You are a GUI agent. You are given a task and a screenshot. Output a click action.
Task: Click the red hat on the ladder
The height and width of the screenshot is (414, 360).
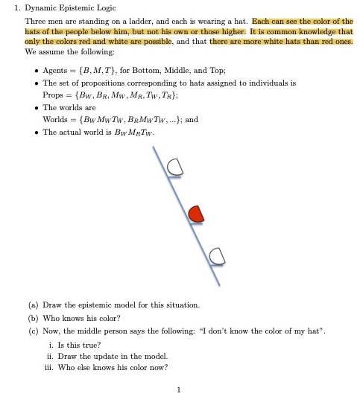pyautogui.click(x=195, y=214)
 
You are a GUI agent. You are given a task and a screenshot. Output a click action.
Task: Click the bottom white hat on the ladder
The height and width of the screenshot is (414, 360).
pyautogui.click(x=217, y=257)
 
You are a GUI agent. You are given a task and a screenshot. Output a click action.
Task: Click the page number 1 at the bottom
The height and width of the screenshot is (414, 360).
pyautogui.click(x=180, y=389)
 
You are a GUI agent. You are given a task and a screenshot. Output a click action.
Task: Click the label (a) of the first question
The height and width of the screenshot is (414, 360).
pyautogui.click(x=34, y=305)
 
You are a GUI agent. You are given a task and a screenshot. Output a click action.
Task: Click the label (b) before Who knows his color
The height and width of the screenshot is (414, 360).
pyautogui.click(x=34, y=317)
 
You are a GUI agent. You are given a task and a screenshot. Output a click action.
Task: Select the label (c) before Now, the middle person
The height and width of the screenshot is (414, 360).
pyautogui.click(x=34, y=330)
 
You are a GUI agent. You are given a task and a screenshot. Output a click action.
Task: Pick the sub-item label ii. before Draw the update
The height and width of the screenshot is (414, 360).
pyautogui.click(x=51, y=355)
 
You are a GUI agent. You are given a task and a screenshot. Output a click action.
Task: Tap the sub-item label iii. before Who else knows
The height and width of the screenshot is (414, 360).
pyautogui.click(x=51, y=367)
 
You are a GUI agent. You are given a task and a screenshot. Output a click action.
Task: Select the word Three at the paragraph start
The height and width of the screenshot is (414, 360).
pyautogui.click(x=35, y=22)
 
